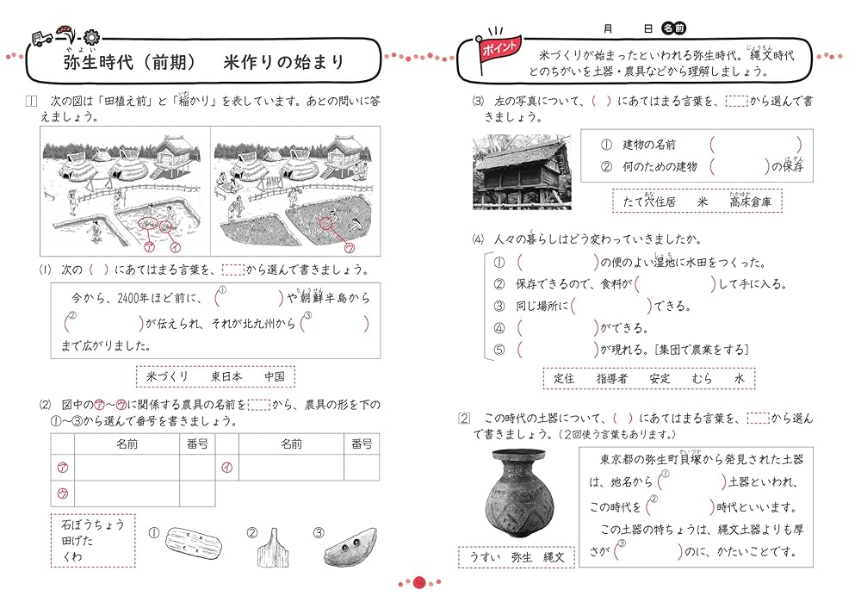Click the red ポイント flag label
pos(501,47)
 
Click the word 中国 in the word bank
pos(275,376)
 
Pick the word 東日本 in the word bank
pos(226,376)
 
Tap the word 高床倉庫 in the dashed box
pos(751,202)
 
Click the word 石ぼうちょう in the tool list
pos(93,524)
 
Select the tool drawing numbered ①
pos(195,543)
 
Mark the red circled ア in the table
pos(62,468)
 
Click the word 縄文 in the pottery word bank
pos(559,557)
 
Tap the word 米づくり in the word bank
pos(167,376)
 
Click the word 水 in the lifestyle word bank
pos(738,378)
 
